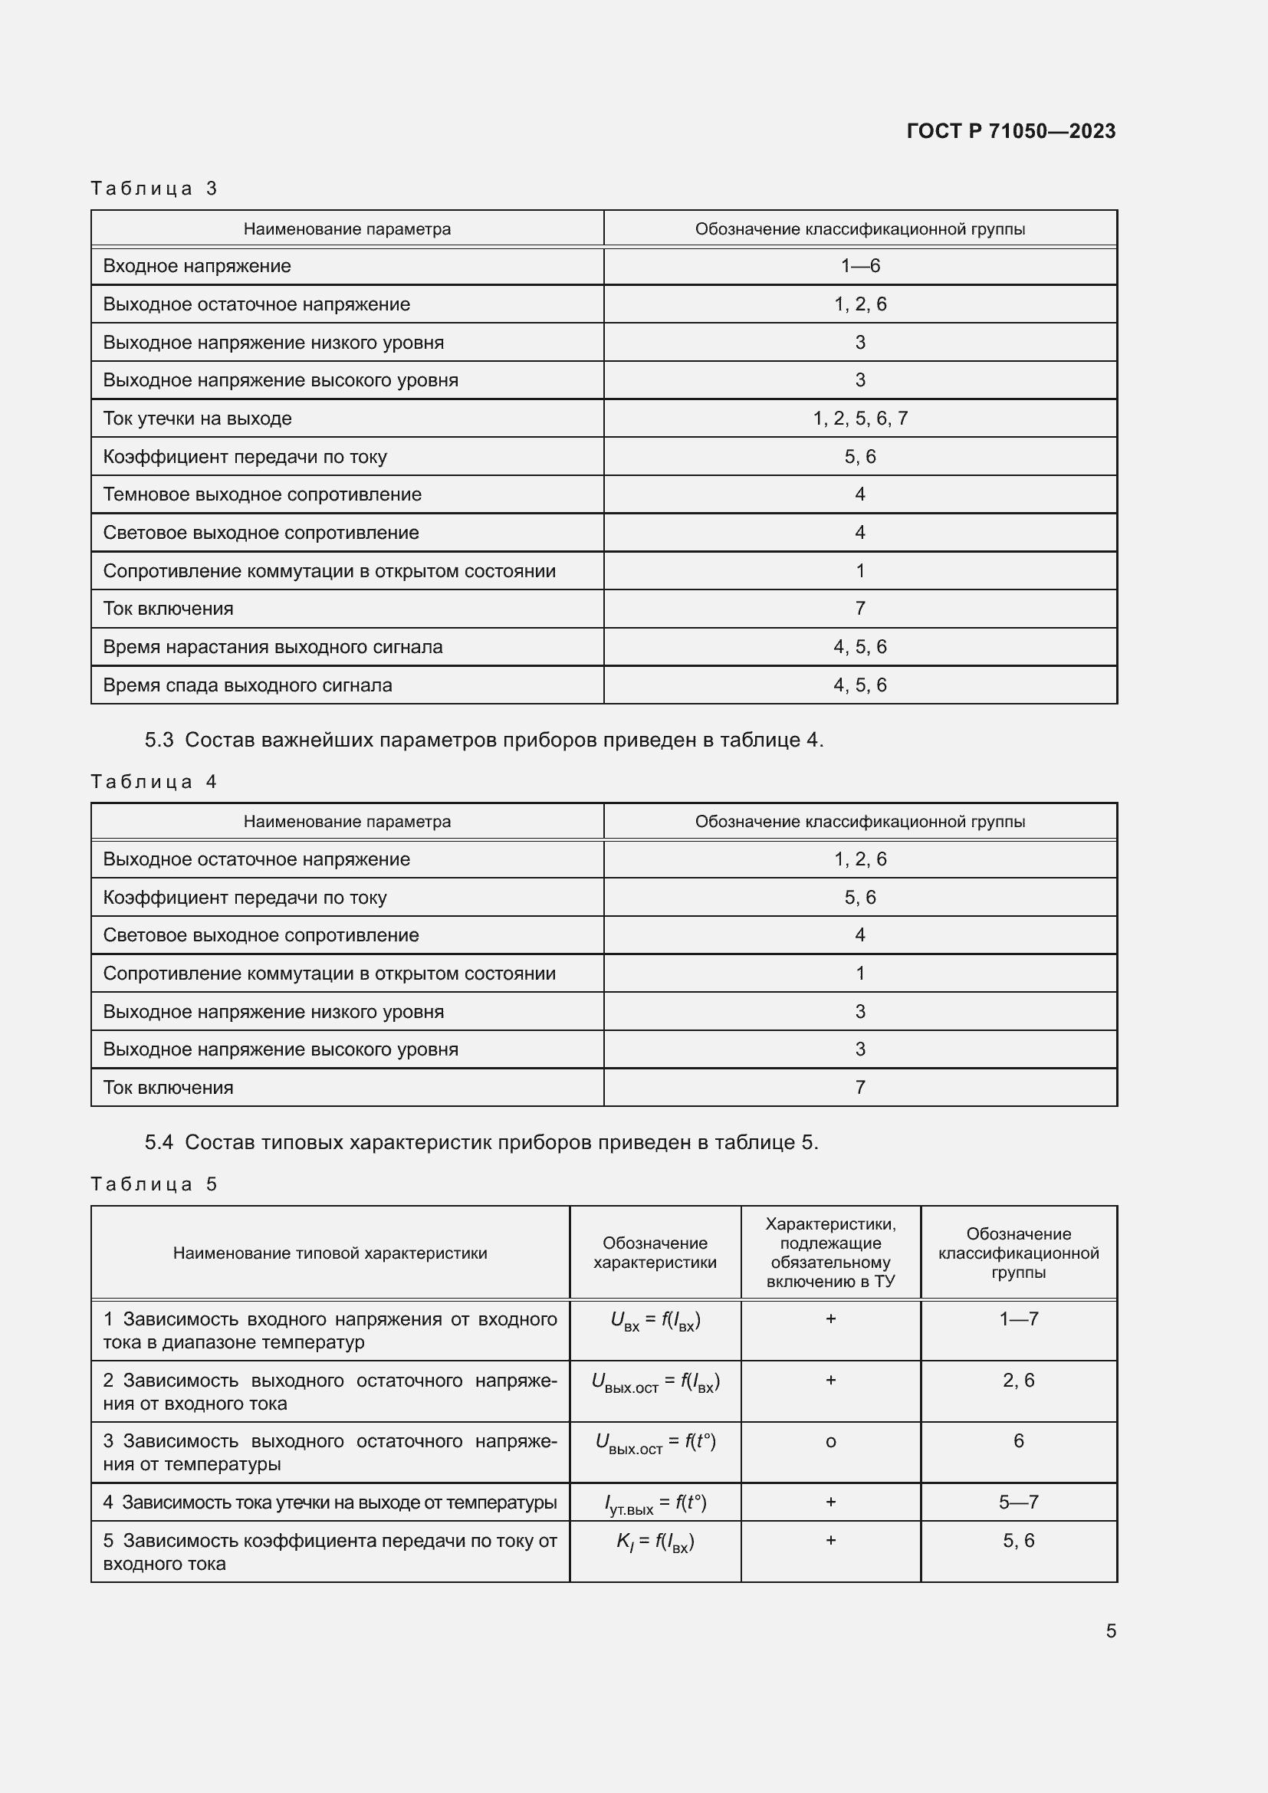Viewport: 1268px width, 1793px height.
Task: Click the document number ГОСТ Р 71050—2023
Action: [x=1010, y=131]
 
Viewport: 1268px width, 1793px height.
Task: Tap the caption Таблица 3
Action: [x=154, y=189]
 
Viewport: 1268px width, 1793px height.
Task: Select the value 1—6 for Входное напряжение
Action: [x=859, y=266]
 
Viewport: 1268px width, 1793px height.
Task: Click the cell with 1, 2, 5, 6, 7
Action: [x=859, y=419]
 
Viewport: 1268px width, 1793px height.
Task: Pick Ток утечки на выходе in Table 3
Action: [x=197, y=419]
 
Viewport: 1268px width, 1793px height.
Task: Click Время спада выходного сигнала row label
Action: [x=247, y=685]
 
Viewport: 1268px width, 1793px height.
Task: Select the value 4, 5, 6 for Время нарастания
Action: [x=859, y=647]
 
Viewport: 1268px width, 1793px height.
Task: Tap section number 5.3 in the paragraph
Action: [x=159, y=740]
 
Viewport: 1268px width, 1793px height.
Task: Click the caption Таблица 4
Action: [x=154, y=782]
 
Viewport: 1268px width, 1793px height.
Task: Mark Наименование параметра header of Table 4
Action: [x=347, y=822]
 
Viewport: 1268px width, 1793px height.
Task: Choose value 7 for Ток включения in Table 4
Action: [x=859, y=1087]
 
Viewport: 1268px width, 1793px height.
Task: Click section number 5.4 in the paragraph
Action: [x=159, y=1142]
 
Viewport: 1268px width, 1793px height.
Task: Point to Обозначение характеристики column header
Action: [x=654, y=1253]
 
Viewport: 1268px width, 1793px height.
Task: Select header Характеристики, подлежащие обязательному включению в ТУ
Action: [x=830, y=1253]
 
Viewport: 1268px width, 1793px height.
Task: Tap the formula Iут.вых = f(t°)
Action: [x=655, y=1503]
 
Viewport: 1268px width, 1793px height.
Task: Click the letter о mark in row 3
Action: [x=830, y=1442]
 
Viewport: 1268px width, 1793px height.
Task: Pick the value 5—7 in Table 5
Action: [x=1018, y=1502]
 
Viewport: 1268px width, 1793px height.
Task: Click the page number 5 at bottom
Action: [x=1110, y=1630]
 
